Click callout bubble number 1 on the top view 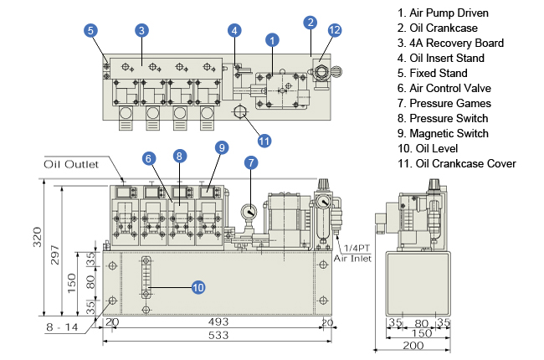coord(271,39)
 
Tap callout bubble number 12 coord(335,30)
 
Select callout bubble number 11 coord(264,140)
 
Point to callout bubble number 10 coord(198,287)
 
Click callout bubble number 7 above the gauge coord(250,162)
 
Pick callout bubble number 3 coord(142,30)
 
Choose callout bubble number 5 coord(90,30)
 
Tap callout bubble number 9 coord(221,147)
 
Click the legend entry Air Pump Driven coord(444,13)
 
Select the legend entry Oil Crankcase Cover coord(457,163)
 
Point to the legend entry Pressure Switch coord(444,118)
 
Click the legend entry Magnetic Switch coord(444,133)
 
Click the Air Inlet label coord(352,260)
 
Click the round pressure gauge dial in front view coord(250,212)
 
